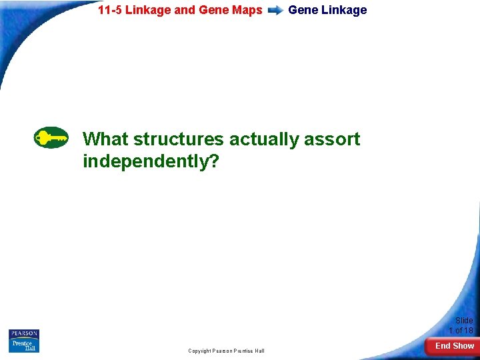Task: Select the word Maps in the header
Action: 248,10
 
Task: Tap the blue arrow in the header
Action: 275,11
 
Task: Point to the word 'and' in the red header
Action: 184,10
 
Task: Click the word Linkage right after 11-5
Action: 147,10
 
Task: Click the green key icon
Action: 51,138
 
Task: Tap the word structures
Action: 179,139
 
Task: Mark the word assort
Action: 332,139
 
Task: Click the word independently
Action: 145,161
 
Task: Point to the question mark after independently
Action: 213,161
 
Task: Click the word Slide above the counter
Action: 464,321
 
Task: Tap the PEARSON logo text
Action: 24,333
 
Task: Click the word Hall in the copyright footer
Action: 258,351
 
